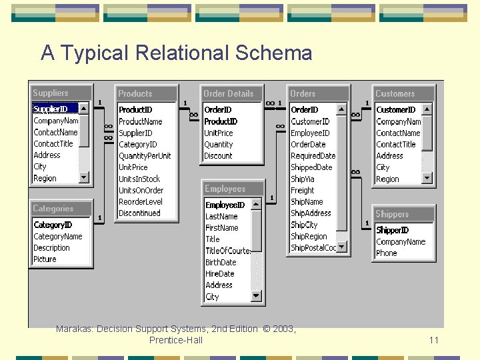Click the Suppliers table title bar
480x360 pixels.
(61, 93)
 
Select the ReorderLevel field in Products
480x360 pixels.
(140, 201)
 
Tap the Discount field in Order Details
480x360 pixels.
(218, 155)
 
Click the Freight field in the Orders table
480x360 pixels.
(302, 190)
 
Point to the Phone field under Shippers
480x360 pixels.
(386, 253)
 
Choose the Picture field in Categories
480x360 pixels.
(45, 259)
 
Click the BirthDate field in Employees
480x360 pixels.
(221, 262)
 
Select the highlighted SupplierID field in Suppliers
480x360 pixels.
(51, 109)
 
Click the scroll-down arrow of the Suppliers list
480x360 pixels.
(84, 177)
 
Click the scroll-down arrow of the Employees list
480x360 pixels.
(255, 295)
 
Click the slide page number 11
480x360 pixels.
(434, 340)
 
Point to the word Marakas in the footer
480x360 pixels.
(74, 329)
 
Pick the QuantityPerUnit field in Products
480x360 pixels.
(145, 155)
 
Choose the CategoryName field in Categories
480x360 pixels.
(58, 236)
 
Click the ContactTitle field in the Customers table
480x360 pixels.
(395, 144)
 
